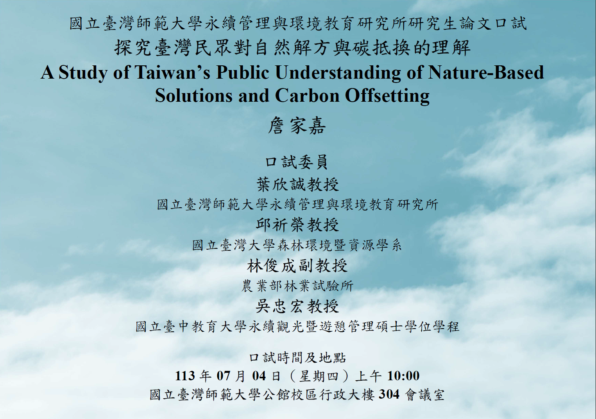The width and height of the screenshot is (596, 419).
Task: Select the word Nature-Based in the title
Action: click(486, 73)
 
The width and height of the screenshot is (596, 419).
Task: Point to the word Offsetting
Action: click(387, 96)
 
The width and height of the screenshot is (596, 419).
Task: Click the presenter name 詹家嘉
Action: click(297, 126)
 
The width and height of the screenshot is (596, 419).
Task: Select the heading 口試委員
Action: click(297, 162)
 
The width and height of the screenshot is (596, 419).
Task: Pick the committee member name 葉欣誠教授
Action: click(297, 184)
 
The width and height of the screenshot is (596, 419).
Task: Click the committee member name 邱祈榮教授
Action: click(297, 225)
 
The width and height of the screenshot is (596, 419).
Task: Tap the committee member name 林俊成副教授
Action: click(297, 266)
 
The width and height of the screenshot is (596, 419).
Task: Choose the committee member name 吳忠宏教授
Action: click(297, 306)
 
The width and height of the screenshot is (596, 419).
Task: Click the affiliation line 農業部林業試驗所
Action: click(297, 286)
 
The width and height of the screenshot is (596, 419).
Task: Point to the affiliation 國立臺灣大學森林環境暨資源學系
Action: click(297, 245)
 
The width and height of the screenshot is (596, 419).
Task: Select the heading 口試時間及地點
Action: click(297, 358)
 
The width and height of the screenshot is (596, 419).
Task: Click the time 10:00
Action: click(403, 376)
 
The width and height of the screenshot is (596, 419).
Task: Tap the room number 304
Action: click(389, 394)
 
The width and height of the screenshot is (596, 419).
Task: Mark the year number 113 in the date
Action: click(185, 376)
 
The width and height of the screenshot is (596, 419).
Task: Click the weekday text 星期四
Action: click(319, 376)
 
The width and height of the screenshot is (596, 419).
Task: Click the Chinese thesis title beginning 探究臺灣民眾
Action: click(292, 48)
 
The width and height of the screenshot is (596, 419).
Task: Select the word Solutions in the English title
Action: click(193, 96)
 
